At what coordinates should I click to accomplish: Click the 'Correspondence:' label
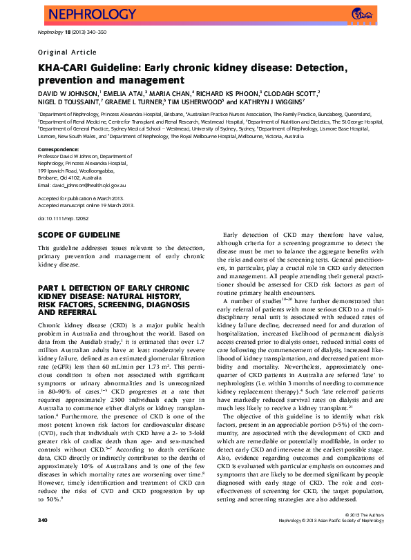point(59,149)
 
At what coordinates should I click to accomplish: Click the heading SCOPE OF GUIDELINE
point(79,235)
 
